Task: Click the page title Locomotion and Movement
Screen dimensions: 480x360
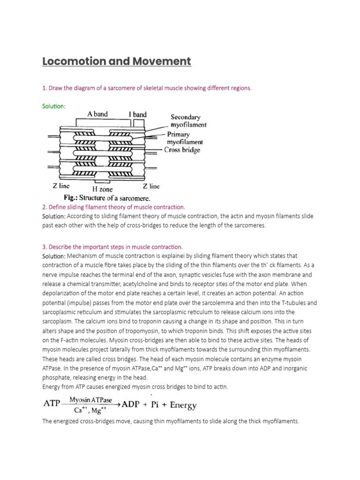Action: tap(117, 61)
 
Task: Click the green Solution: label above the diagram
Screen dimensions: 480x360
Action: tap(54, 106)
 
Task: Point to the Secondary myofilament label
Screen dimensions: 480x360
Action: tap(187, 121)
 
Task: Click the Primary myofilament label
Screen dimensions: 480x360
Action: tap(185, 138)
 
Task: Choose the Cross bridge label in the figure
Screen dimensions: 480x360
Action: tap(182, 150)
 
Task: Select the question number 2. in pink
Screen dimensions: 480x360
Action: tap(45, 207)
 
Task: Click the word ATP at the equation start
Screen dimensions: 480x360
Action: tap(53, 405)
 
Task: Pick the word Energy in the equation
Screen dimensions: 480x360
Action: tap(183, 405)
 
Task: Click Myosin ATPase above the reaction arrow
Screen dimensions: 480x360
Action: tap(91, 399)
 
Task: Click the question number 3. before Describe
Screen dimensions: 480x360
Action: tap(45, 247)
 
